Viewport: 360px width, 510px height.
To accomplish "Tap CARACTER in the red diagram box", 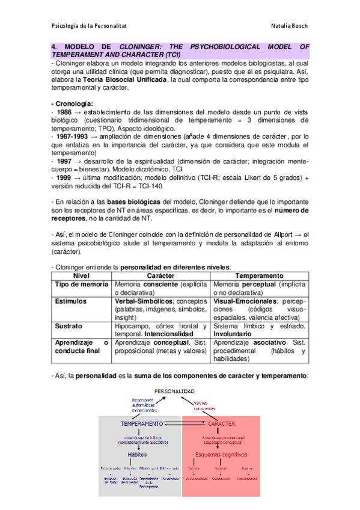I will (x=219, y=424).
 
